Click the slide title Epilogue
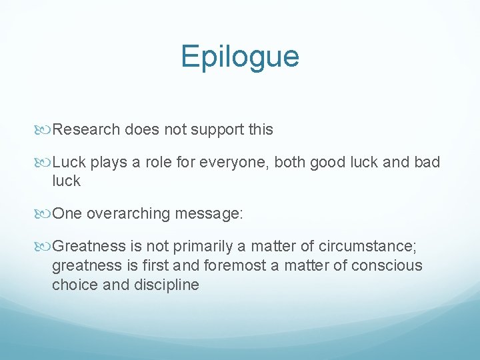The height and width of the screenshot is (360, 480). coord(240,57)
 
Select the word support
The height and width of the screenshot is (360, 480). coord(211,129)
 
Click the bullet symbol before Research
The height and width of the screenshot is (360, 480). coord(45,130)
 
